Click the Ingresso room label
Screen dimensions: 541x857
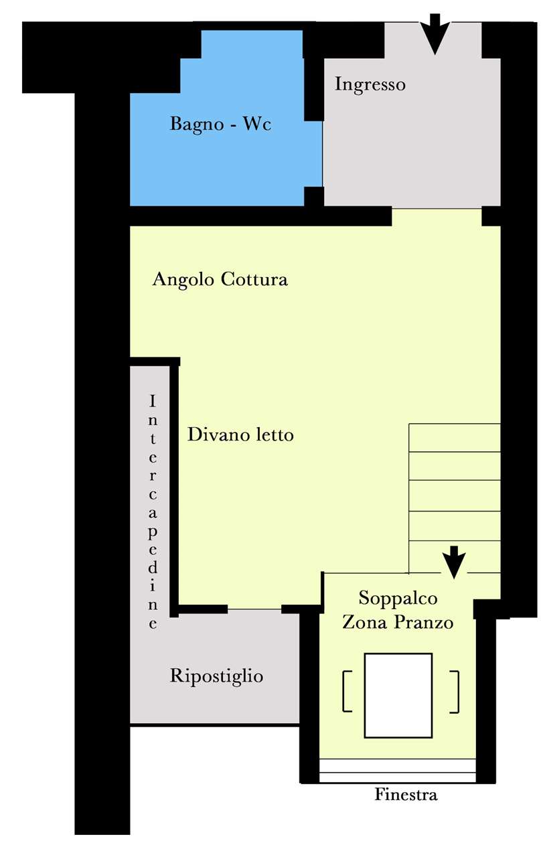coord(370,84)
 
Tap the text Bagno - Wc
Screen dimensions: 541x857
coord(221,124)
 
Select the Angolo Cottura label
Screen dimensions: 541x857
coord(220,279)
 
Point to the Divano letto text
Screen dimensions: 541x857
coord(240,435)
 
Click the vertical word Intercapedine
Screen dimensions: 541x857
coord(153,513)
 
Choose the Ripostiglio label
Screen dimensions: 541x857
coord(216,676)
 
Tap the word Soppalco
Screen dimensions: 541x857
coord(398,598)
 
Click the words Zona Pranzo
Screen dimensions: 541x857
coord(398,622)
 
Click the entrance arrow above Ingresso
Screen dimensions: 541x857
coord(435,33)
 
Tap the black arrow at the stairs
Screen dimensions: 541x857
coord(454,562)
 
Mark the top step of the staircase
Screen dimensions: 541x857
coord(455,438)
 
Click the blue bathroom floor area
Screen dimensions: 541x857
coord(226,161)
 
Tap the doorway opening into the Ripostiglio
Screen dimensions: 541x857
coord(254,609)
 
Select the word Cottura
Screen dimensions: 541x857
coord(254,279)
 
